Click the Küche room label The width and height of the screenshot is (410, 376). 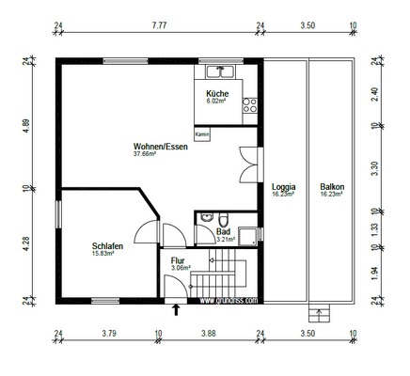(218, 94)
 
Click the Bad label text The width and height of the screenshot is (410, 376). (223, 231)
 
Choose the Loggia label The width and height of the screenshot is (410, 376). (283, 187)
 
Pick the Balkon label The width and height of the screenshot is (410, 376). (331, 187)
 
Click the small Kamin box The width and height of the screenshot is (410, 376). (202, 134)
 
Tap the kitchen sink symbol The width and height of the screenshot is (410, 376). (221, 70)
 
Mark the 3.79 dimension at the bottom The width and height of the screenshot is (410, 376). (108, 334)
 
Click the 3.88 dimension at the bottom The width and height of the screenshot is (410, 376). (209, 334)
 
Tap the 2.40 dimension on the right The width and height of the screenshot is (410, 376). (375, 94)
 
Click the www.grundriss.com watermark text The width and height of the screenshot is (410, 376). (229, 301)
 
